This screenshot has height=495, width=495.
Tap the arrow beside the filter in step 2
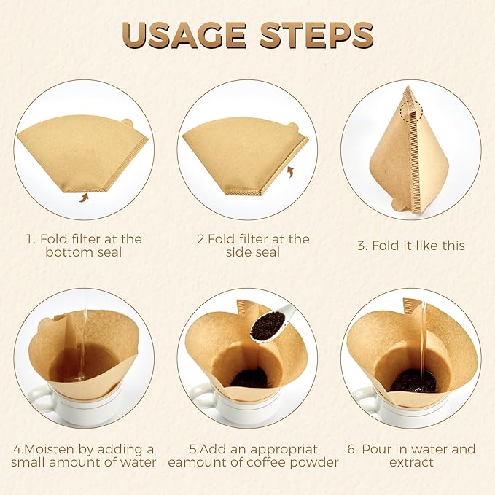(292, 172)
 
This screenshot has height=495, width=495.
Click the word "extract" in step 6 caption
(412, 462)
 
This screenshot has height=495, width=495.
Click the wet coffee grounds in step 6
(413, 380)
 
